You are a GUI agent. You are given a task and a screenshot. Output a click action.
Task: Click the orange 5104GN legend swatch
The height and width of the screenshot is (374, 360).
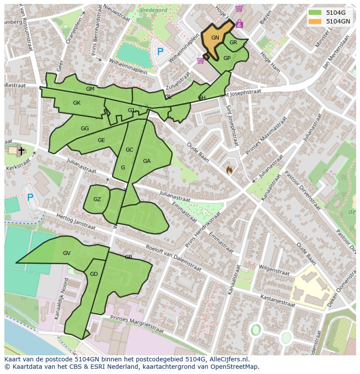[x=315, y=21]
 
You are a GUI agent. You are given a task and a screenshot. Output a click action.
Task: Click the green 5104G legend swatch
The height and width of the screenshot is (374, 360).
[x=315, y=13]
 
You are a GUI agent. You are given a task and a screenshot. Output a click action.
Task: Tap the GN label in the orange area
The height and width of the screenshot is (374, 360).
[x=215, y=38]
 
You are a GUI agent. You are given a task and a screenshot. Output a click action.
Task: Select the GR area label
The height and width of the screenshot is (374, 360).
[x=233, y=43]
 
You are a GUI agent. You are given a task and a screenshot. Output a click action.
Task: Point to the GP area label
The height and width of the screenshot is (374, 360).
[x=227, y=58]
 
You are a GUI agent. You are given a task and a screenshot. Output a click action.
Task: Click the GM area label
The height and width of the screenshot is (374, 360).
[x=90, y=89]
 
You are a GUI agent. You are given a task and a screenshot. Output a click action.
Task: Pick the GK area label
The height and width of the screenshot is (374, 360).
[x=77, y=103]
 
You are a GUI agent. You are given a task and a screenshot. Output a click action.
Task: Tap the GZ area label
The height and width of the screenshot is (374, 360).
[x=97, y=199]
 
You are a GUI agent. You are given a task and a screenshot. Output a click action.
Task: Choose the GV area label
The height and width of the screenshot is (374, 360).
[x=67, y=253]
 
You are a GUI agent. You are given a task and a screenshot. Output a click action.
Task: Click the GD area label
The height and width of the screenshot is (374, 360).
[x=94, y=274]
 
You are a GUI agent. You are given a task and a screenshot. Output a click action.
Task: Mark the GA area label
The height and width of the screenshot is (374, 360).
[x=147, y=161]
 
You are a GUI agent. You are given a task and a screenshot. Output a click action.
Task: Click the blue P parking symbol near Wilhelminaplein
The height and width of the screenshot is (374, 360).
[x=160, y=52]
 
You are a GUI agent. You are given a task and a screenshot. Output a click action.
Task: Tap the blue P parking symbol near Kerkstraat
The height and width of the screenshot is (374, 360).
[x=30, y=198]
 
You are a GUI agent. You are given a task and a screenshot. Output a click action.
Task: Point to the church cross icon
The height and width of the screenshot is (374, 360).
[x=21, y=151]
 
